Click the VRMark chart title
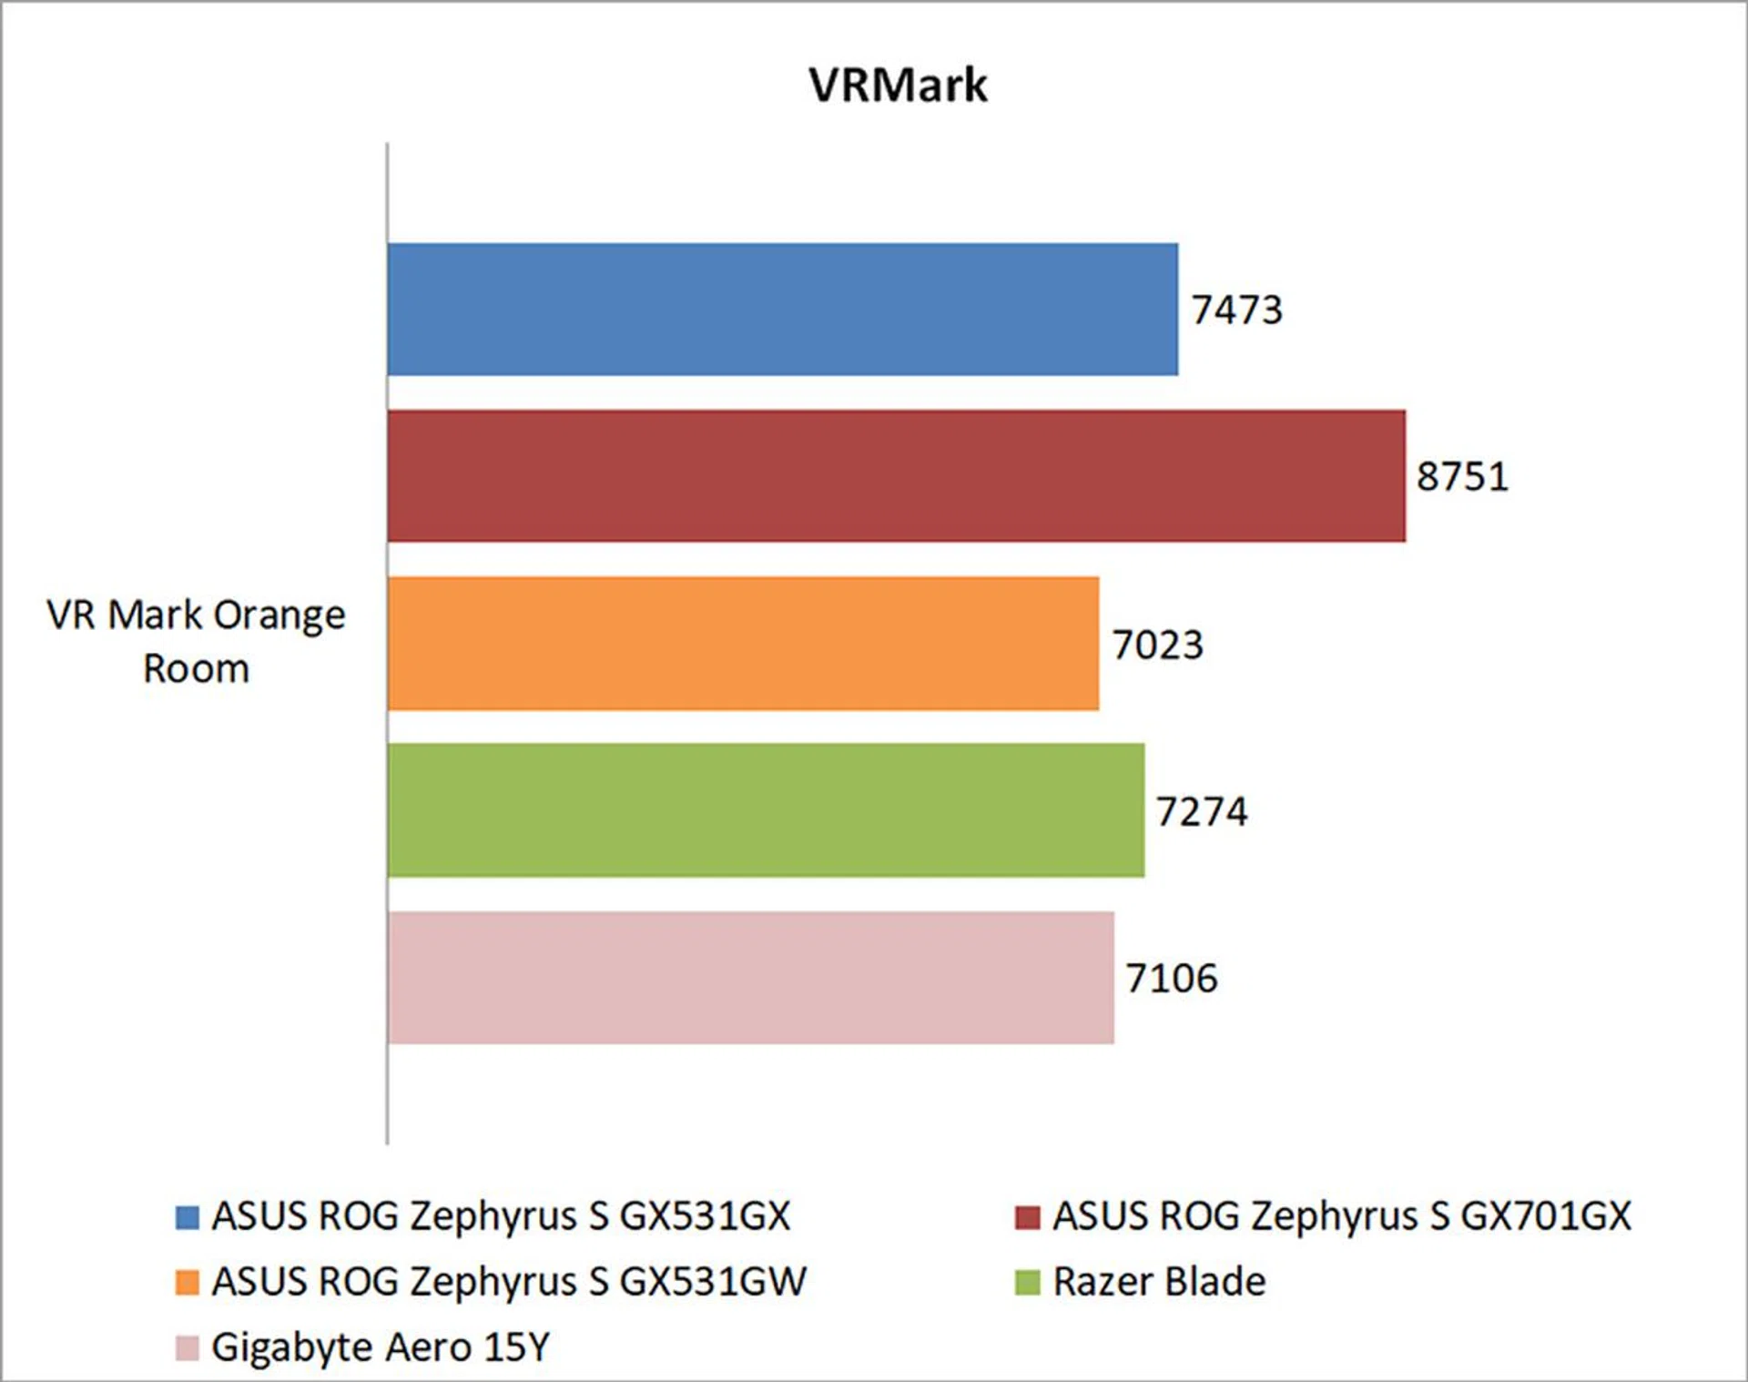point(898,86)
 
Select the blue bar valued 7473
point(782,310)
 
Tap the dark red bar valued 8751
point(896,476)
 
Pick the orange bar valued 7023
point(743,644)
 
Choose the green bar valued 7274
point(766,810)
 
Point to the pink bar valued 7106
point(750,978)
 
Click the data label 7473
point(1237,310)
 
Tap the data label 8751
point(1462,477)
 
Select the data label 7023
point(1158,645)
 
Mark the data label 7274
point(1202,812)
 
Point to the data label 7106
point(1172,979)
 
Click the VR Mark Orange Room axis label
point(196,642)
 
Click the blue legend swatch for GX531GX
point(188,1217)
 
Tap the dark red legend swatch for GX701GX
point(1028,1217)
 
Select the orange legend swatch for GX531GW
point(188,1283)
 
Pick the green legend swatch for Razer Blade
point(1028,1283)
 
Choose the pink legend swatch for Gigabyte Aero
point(188,1348)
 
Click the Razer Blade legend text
point(1159,1282)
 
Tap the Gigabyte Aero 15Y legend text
point(381,1347)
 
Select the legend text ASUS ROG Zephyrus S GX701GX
point(1342,1216)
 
